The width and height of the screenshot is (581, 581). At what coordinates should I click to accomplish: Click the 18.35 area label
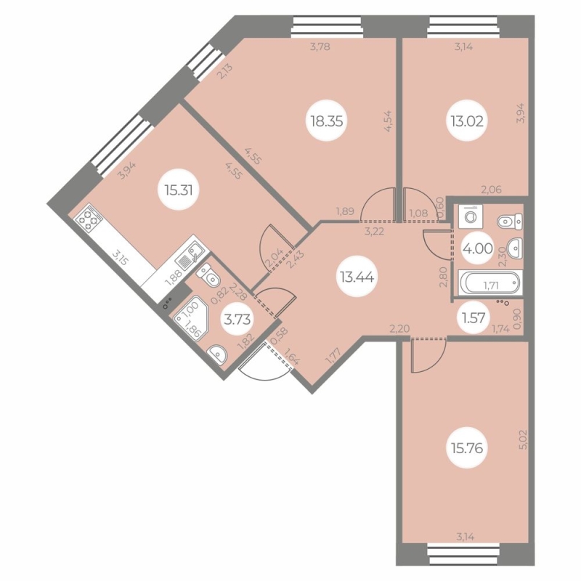pyautogui.click(x=326, y=121)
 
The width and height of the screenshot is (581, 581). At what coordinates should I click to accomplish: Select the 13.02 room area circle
pyautogui.click(x=467, y=121)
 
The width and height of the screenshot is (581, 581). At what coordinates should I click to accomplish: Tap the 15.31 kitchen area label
pyautogui.click(x=179, y=190)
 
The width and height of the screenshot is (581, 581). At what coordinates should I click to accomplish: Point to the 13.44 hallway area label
pyautogui.click(x=357, y=277)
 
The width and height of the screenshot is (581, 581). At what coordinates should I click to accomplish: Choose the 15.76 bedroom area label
pyautogui.click(x=467, y=448)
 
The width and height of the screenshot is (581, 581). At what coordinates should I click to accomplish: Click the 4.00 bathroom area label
pyautogui.click(x=478, y=248)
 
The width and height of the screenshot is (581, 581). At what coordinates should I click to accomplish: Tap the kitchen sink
pyautogui.click(x=189, y=256)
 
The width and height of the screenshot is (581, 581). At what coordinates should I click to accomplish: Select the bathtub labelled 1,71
pyautogui.click(x=489, y=283)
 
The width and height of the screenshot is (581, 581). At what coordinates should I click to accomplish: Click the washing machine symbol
pyautogui.click(x=468, y=216)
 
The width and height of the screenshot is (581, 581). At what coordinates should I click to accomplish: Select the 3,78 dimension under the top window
pyautogui.click(x=320, y=47)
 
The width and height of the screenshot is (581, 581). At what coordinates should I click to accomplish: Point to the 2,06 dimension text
pyautogui.click(x=491, y=190)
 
